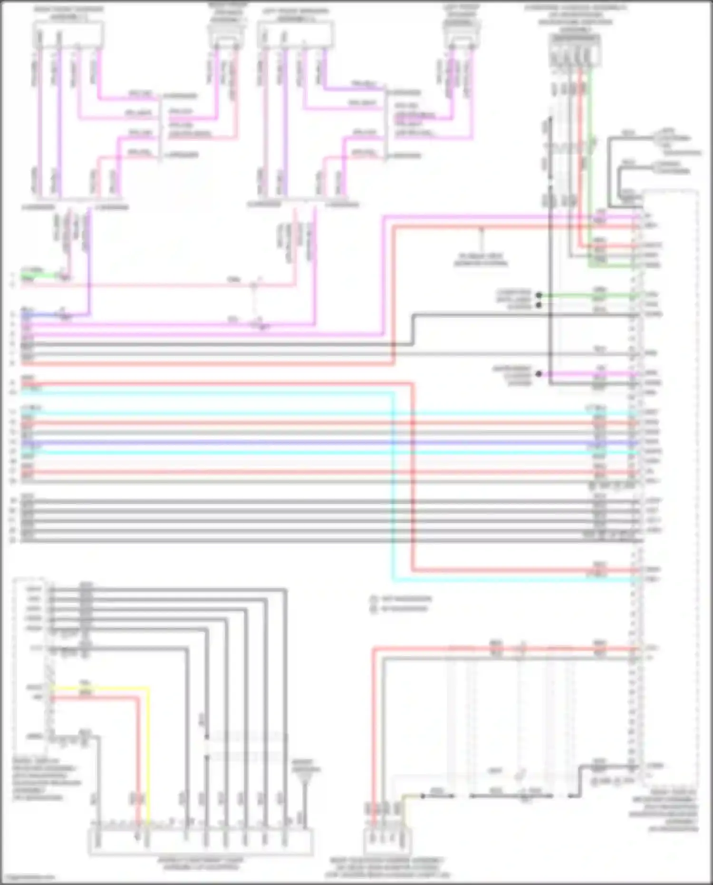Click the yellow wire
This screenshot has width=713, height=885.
coord(148,751)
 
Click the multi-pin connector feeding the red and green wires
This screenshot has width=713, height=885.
coord(574,51)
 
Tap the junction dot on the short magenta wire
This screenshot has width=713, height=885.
coord(539,374)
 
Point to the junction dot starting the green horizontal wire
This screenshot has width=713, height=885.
coord(539,295)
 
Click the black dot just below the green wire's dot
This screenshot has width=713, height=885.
coord(539,304)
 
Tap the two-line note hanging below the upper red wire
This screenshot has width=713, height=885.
coord(481,259)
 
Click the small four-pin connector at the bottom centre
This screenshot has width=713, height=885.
coord(387,842)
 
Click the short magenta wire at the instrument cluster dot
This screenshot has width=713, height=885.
coord(589,374)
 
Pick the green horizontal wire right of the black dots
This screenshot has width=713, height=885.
coord(589,295)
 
